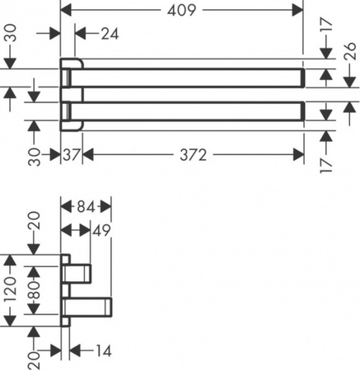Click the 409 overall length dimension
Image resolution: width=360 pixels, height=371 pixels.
[x=181, y=12]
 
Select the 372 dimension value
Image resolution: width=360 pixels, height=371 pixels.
[x=190, y=155]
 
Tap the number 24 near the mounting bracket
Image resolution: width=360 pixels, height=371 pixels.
[x=109, y=35]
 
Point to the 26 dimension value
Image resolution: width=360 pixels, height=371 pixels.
[x=348, y=58]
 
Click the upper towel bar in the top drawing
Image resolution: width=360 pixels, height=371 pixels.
[x=189, y=78]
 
